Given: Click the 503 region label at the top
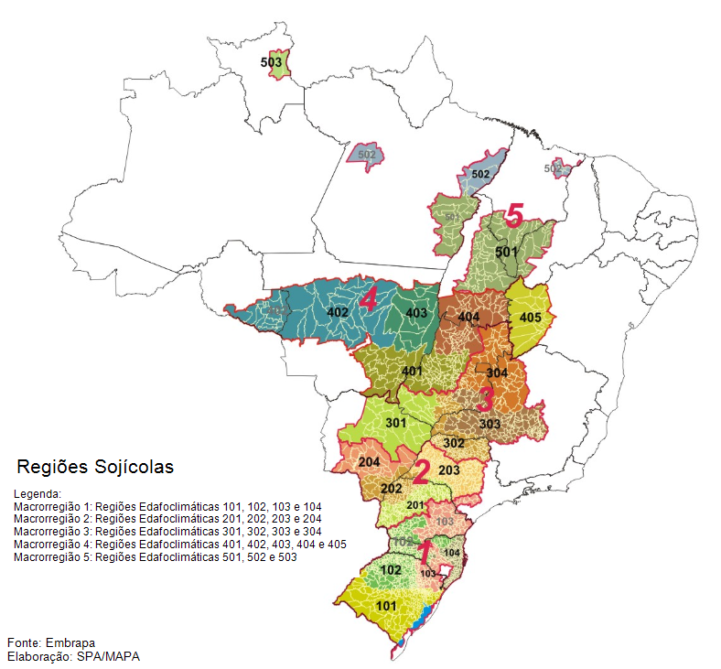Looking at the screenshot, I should point(271,62).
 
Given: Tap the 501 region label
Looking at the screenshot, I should point(506,251).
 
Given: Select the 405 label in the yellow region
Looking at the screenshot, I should point(530,318).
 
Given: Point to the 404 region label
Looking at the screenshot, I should point(468,317).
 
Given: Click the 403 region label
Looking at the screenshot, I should point(416,313).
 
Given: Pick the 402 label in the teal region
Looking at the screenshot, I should point(339,313).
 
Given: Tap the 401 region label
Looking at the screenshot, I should point(412,371).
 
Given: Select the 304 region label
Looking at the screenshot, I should point(497,373).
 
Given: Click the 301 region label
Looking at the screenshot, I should point(395,424).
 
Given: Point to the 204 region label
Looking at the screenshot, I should point(370,461).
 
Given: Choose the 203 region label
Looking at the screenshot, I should point(448,470).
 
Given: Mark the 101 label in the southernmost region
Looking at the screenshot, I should point(386,605).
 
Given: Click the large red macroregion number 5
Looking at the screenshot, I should point(514,217).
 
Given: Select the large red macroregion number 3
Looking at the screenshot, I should point(484,399).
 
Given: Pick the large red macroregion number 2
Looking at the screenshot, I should point(420,472).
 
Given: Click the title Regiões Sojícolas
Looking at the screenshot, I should point(95,467).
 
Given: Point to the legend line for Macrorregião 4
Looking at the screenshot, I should point(180,545).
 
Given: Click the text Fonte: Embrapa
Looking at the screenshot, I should point(51,642).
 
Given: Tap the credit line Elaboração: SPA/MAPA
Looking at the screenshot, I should point(73,656).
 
